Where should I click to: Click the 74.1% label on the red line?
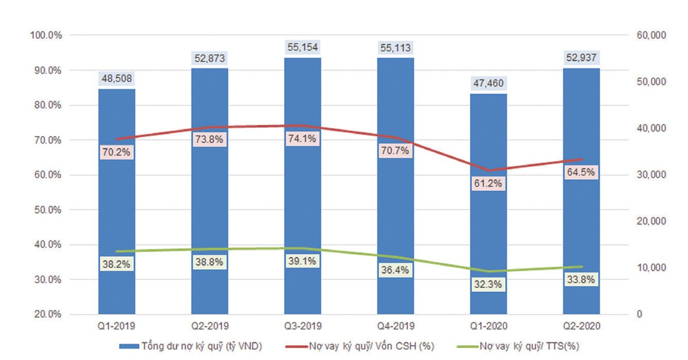click(302, 138)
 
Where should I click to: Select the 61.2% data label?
click(488, 184)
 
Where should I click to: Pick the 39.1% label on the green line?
click(302, 260)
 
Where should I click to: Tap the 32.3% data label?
click(488, 283)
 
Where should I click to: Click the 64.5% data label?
click(581, 173)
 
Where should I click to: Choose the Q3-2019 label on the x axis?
click(302, 326)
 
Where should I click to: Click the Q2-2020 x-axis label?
click(581, 326)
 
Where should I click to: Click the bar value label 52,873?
click(209, 58)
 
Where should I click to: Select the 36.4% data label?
click(396, 271)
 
